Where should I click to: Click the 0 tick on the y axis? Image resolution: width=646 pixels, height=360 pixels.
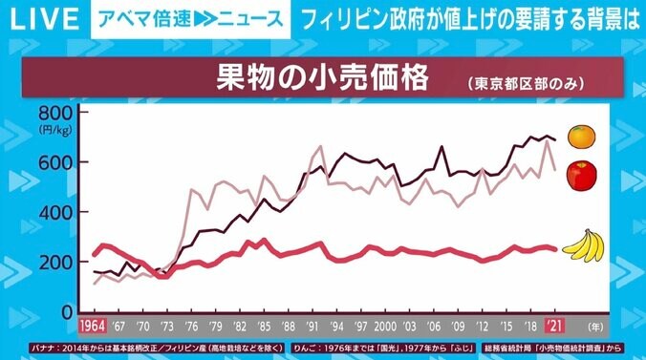(66, 312)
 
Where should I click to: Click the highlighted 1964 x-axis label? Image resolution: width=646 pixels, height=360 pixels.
(93, 325)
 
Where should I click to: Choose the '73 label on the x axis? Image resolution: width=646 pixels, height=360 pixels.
(167, 325)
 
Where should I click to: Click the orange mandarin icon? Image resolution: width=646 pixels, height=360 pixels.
(581, 137)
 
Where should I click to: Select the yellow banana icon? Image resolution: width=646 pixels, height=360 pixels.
(585, 247)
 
